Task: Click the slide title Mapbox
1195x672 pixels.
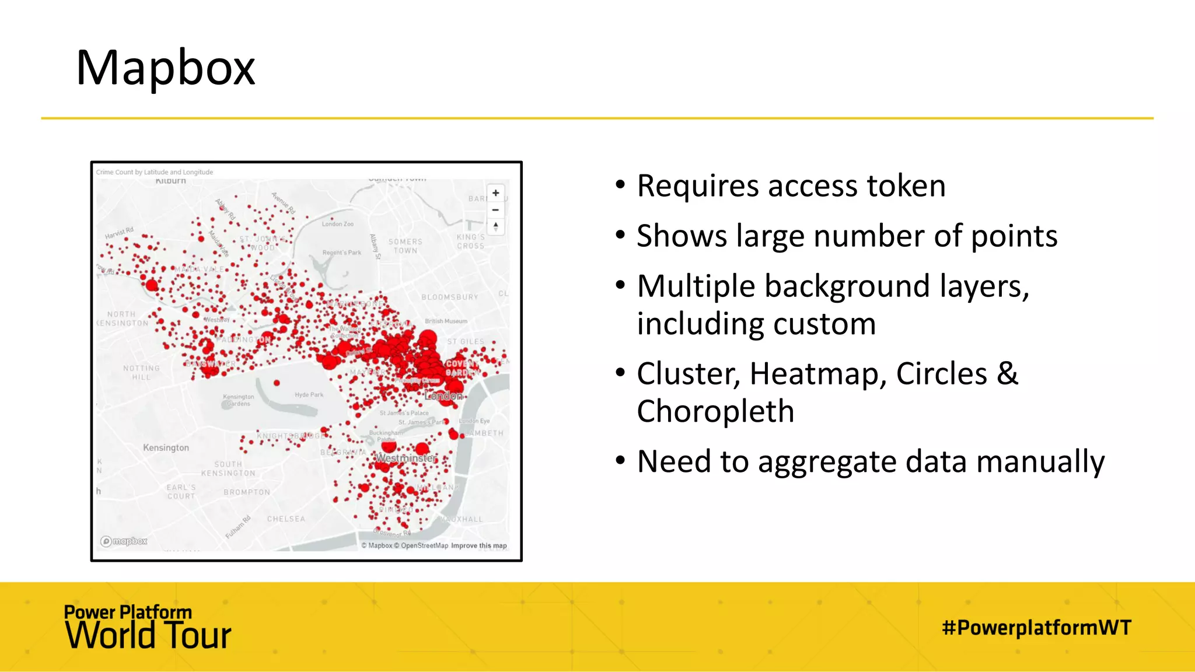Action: [165, 68]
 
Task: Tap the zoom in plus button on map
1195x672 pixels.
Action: [495, 193]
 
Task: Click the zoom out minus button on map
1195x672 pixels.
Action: [495, 210]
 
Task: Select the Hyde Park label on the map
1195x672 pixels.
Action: [309, 395]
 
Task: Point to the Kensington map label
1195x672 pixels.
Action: [166, 448]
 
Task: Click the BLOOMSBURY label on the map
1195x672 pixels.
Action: [449, 297]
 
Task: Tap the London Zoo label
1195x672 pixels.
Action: [337, 224]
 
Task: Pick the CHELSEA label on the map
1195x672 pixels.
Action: [286, 519]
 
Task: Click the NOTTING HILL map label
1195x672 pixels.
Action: [141, 373]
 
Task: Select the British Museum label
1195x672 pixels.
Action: [446, 321]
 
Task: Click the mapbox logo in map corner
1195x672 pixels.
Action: [124, 541]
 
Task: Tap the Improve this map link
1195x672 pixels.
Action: [478, 546]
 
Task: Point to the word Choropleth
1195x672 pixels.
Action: [715, 412]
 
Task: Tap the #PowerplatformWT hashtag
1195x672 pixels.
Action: [1036, 628]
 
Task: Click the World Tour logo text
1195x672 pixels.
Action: [148, 635]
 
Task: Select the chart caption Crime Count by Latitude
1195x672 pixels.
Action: [154, 172]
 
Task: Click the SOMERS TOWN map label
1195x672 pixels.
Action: [405, 246]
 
